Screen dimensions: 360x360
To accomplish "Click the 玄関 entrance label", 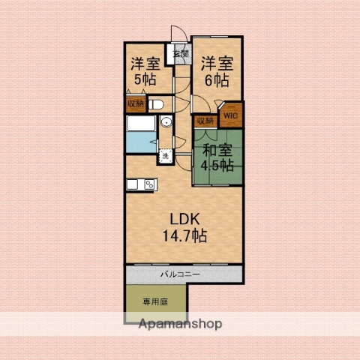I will (181, 54).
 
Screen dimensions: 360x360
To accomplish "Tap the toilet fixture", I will (157, 104).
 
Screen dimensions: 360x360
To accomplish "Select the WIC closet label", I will (231, 115).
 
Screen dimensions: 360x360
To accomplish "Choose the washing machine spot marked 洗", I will (164, 156).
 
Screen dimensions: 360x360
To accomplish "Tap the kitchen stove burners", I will (149, 185).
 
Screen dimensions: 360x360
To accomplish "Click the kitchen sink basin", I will (133, 185).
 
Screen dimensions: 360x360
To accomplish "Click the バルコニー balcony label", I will (178, 274).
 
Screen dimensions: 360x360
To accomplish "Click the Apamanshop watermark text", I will (181, 325).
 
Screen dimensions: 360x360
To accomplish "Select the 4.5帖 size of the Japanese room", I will (217, 166).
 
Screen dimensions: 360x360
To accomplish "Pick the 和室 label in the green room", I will (217, 149).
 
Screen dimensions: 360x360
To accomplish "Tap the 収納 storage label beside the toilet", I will (135, 104).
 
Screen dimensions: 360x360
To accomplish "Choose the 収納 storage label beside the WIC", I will (205, 120).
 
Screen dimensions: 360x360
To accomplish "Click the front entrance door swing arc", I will (179, 34).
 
